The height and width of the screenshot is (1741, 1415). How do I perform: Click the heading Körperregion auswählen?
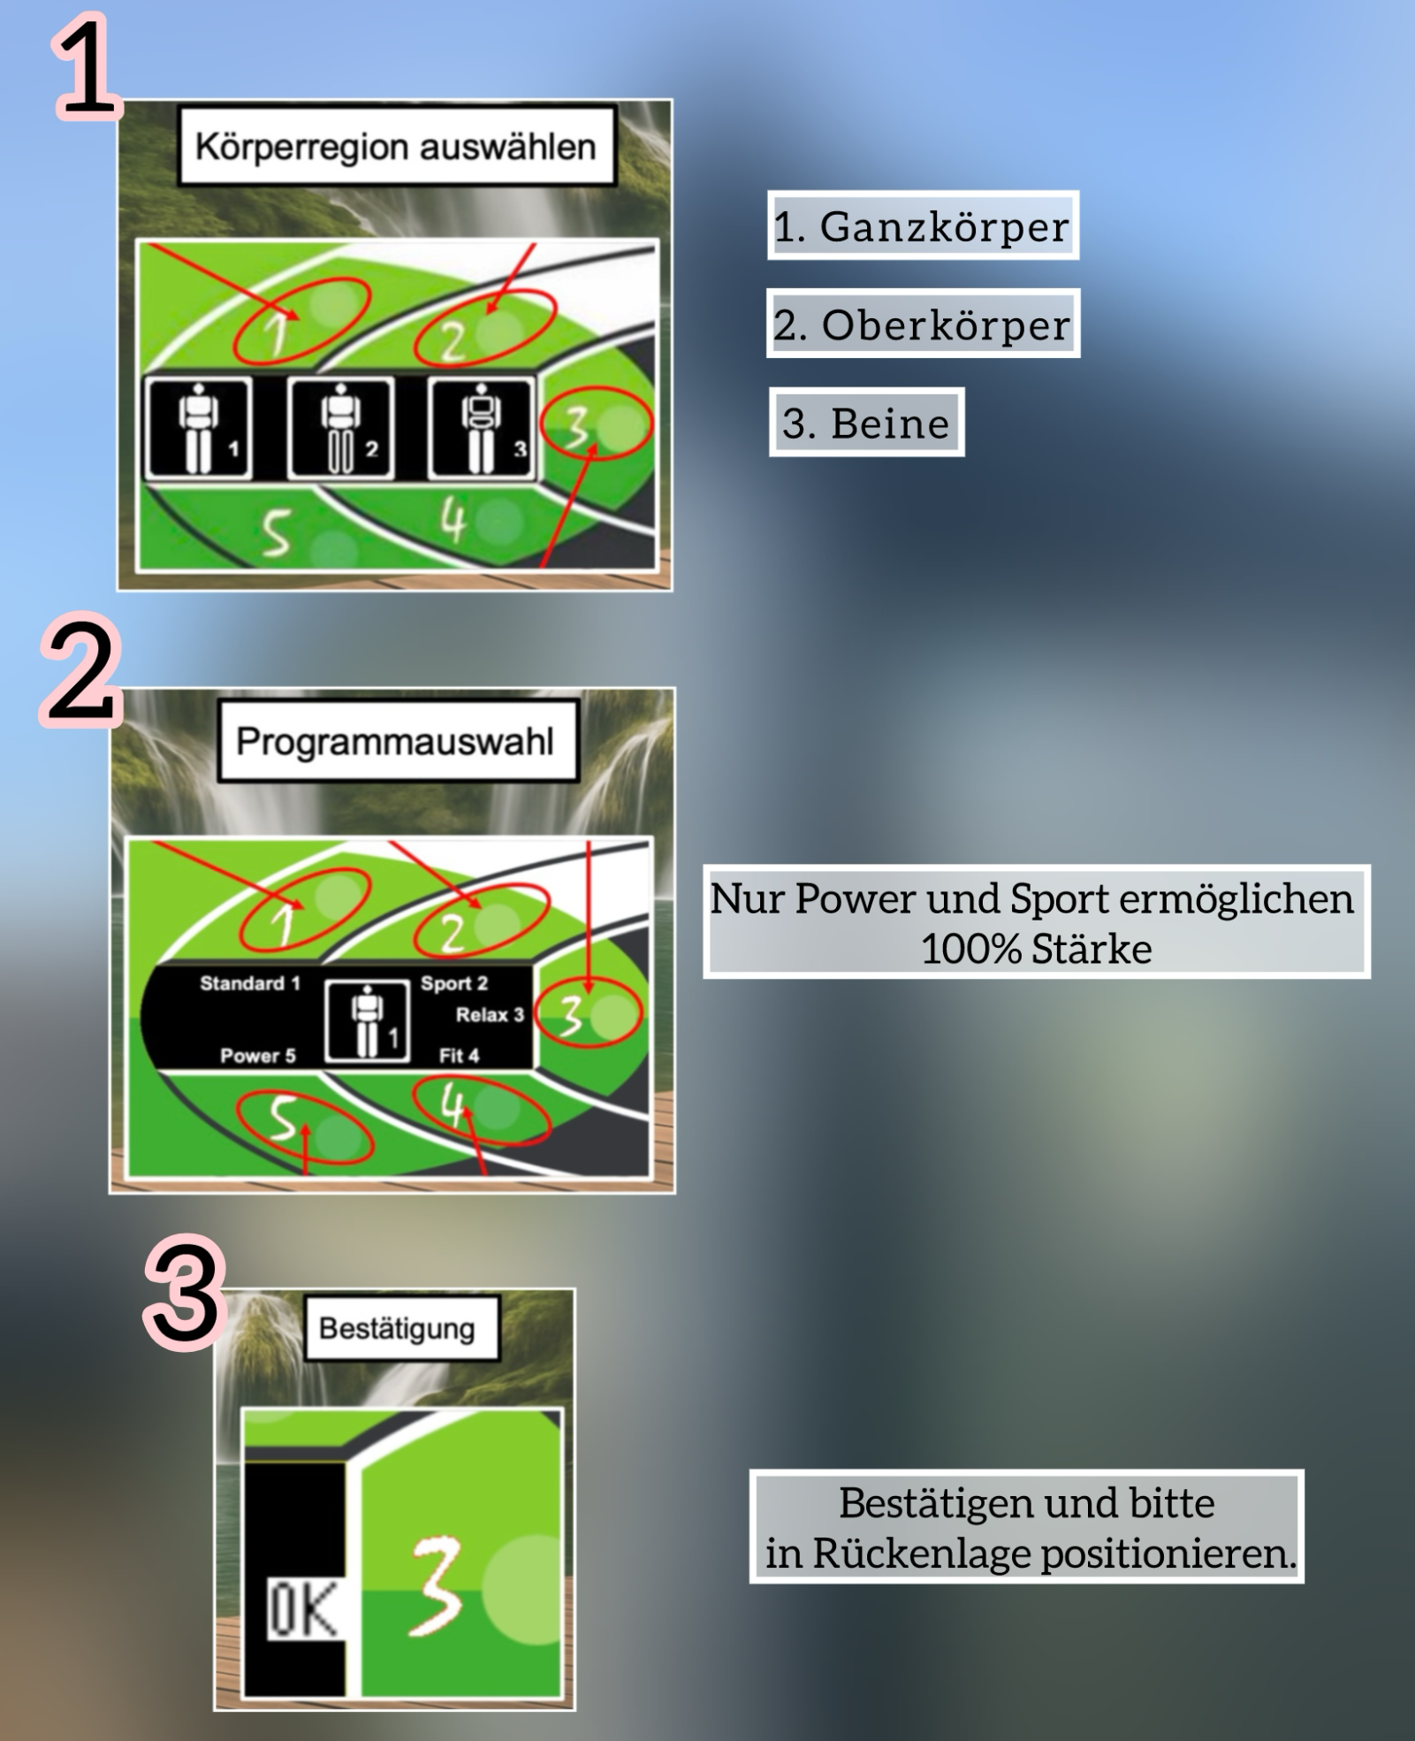click(x=396, y=147)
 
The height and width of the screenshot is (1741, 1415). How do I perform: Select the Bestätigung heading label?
click(x=402, y=1328)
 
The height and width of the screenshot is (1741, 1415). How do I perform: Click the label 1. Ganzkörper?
click(x=923, y=225)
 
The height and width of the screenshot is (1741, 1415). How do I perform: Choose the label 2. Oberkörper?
click(x=923, y=324)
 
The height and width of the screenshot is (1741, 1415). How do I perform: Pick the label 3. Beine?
click(x=866, y=423)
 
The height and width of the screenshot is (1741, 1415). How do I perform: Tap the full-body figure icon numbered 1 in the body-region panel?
click(x=198, y=428)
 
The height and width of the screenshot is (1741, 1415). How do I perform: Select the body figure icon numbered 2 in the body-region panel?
click(x=341, y=428)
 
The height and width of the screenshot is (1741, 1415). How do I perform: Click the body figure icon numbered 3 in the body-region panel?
click(x=482, y=428)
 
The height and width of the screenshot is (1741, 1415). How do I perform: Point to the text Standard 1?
click(x=250, y=983)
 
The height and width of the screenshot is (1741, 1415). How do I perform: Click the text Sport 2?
click(x=454, y=983)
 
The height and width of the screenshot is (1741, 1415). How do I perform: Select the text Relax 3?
click(x=490, y=1015)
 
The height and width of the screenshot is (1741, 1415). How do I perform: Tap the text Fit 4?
click(x=459, y=1055)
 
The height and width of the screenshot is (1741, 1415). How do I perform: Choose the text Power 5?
click(x=258, y=1056)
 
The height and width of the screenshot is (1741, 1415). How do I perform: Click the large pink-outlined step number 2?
click(x=80, y=671)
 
